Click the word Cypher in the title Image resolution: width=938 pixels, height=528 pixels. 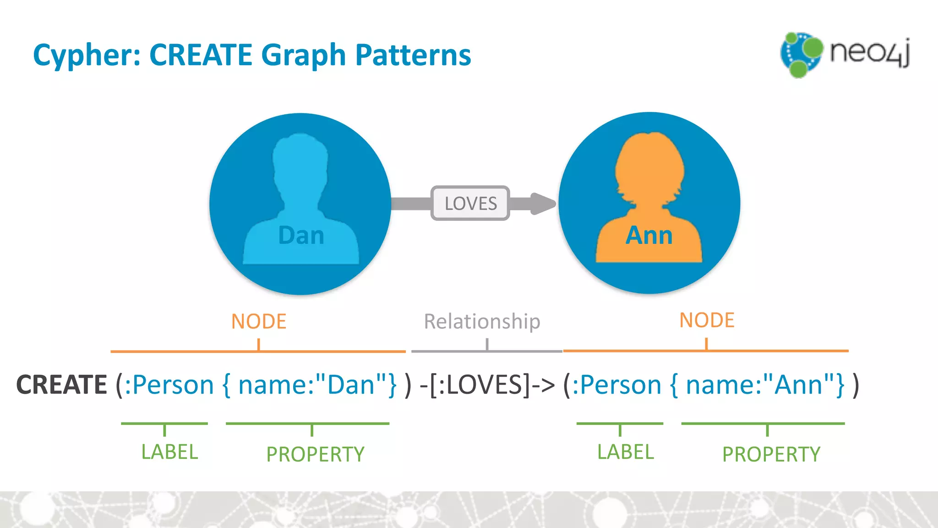coord(86,55)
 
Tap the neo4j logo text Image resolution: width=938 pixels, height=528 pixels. coord(869,52)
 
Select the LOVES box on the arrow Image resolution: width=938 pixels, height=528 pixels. coord(470,203)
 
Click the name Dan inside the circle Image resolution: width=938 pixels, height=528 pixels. coord(301,236)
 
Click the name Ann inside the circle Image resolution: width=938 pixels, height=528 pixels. coord(649,236)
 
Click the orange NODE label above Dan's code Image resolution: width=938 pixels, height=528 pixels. coord(259,321)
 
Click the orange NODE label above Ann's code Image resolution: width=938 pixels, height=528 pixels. coord(707,320)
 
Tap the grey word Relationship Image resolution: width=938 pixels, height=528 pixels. coord(482,321)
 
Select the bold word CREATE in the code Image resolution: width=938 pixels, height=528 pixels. coord(61,385)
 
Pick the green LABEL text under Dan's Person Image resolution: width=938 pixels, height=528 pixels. coord(169,452)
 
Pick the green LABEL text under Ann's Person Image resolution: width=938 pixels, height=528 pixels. coord(625,452)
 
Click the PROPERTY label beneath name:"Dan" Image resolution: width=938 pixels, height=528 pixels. coord(315,454)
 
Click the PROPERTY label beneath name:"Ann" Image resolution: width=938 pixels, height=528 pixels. coord(771,454)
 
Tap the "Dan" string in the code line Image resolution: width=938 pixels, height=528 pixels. coord(351,385)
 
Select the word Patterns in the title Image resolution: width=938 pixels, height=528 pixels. coord(413,55)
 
